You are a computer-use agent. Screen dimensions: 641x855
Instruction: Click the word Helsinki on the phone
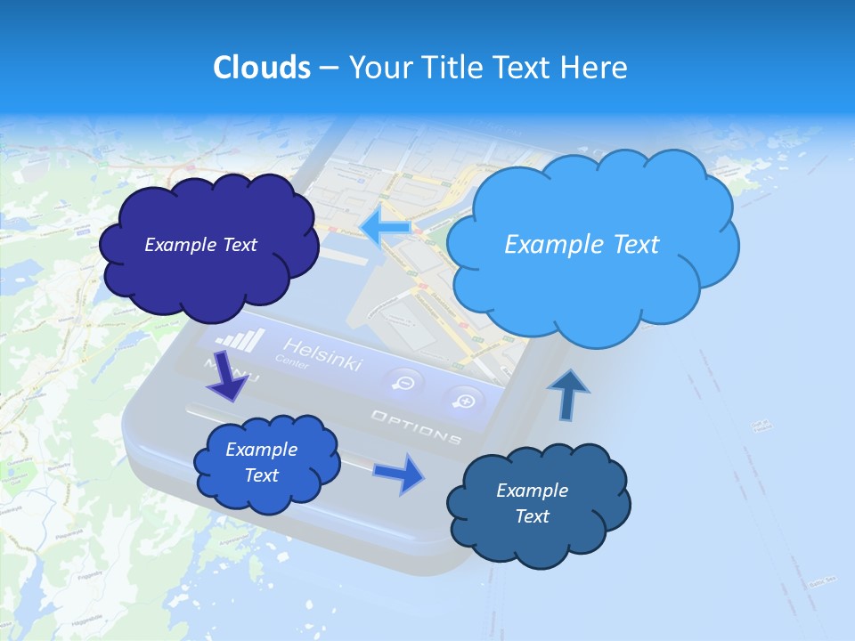pos(322,354)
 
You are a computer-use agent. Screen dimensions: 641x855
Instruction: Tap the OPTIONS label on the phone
pos(416,427)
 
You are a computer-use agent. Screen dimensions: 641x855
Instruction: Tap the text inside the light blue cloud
pos(582,244)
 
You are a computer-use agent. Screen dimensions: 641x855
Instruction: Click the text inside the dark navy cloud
pos(200,245)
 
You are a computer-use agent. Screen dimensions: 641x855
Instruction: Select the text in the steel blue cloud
pos(532,503)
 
